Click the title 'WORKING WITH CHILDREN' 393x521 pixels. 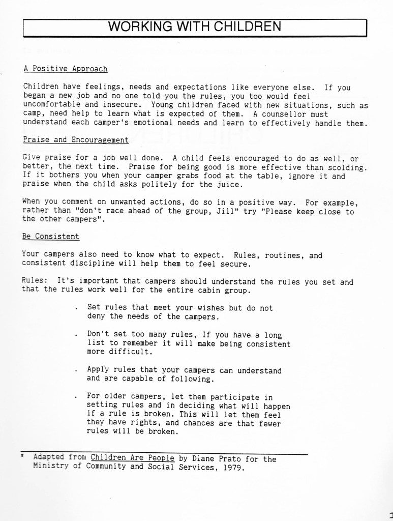[x=195, y=26]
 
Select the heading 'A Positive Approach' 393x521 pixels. [x=65, y=69]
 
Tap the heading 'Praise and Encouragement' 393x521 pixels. [x=76, y=139]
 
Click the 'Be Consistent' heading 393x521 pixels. [x=50, y=237]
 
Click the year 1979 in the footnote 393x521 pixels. [x=233, y=468]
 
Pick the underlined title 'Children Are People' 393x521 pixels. [x=132, y=458]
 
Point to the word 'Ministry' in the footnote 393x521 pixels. [x=51, y=468]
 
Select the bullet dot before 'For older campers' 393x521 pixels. [x=76, y=397]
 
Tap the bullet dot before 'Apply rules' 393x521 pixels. [x=76, y=371]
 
